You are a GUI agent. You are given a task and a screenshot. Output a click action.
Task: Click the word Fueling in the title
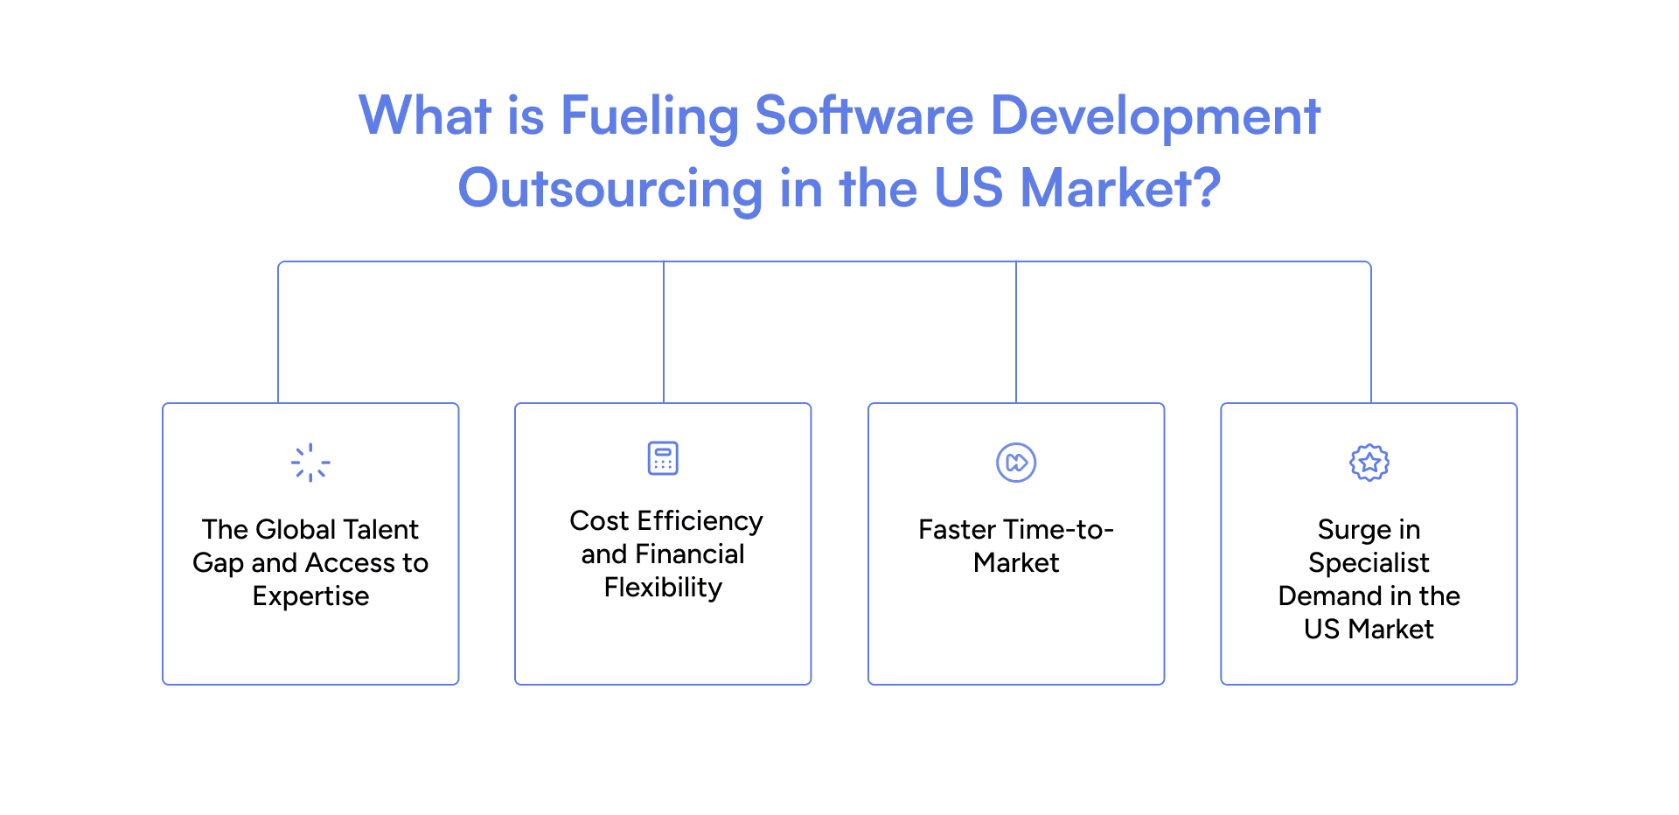coord(649,116)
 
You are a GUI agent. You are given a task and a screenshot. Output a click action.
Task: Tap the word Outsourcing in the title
coord(610,189)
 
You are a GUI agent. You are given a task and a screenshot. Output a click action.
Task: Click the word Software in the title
coord(864,116)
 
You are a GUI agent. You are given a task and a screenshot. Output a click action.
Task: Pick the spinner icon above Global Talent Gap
coord(310,463)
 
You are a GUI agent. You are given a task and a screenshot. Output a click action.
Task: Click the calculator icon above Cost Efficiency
coord(663,458)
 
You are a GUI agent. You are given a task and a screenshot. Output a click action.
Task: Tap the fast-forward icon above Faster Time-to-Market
coord(1016,463)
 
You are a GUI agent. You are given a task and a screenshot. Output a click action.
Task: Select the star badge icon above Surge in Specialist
coord(1369,463)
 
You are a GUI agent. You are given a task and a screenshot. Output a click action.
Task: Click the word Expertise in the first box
coord(310,596)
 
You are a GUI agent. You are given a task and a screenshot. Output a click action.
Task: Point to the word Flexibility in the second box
coord(663,588)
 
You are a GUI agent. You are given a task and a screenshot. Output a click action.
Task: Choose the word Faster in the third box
coord(957,530)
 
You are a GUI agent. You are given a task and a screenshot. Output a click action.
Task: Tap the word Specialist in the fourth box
coord(1369,563)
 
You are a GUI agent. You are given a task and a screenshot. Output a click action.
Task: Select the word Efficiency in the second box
coord(700,521)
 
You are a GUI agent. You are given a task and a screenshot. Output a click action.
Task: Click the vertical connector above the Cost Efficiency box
coord(664,332)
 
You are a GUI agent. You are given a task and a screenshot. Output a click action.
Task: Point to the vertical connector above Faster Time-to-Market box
coord(1016,332)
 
